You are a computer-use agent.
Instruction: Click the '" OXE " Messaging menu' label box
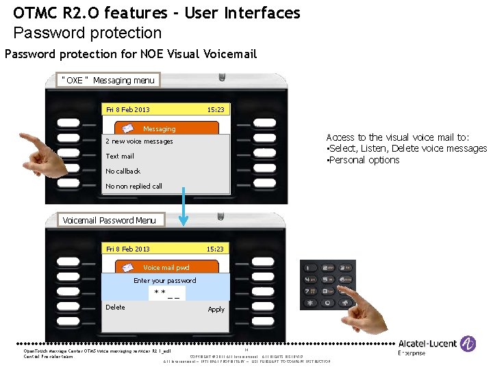[x=108, y=81]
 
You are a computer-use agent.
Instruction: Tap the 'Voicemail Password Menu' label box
[x=109, y=220]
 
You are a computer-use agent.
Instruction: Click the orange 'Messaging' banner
[x=166, y=128]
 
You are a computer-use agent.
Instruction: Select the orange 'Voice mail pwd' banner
[x=166, y=268]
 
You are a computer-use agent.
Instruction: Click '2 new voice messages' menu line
[x=140, y=141]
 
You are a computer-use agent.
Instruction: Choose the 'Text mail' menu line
[x=120, y=156]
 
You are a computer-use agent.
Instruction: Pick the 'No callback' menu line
[x=123, y=171]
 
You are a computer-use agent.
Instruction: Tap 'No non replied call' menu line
[x=134, y=186]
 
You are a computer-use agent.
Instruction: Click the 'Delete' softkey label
[x=115, y=307]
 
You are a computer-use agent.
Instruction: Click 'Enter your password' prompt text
[x=164, y=281]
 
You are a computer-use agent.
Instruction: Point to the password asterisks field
[x=167, y=294]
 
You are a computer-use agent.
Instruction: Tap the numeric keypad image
[x=327, y=285]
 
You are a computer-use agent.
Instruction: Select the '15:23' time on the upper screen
[x=216, y=109]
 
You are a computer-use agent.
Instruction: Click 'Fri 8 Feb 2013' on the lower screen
[x=127, y=249]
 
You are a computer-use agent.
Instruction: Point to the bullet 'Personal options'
[x=364, y=160]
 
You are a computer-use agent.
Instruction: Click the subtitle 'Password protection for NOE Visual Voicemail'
[x=130, y=53]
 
